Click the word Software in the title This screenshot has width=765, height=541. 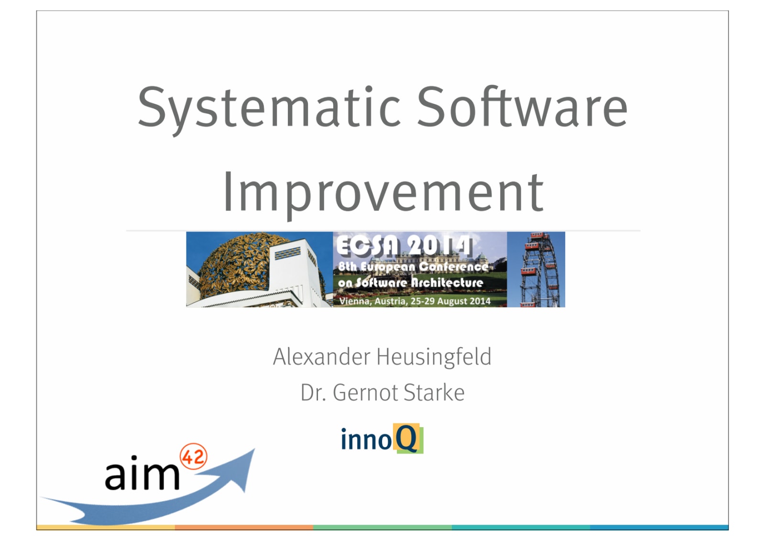tap(522, 106)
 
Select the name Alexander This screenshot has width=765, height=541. tap(321, 357)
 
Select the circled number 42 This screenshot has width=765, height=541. tap(193, 457)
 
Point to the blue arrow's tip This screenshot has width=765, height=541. tap(254, 449)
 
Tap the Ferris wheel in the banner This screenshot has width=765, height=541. tap(539, 270)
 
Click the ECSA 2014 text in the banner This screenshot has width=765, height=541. tap(404, 245)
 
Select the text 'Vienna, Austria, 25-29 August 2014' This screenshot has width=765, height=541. tap(415, 301)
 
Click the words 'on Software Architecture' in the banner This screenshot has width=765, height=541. tap(410, 283)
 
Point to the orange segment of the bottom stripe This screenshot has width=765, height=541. tap(244, 527)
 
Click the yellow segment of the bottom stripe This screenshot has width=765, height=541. tap(106, 527)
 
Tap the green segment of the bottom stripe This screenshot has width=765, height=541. tap(382, 527)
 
